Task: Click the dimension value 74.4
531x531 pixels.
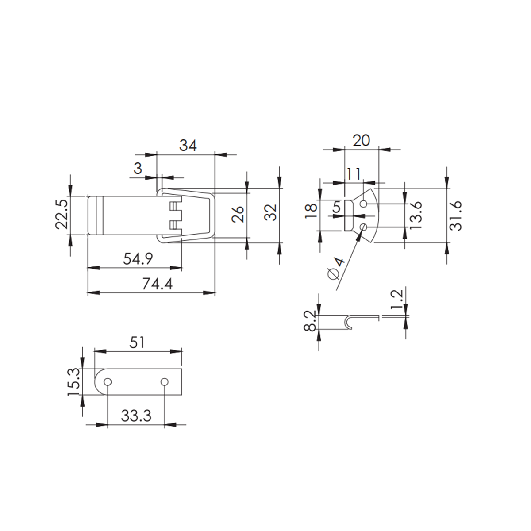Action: (x=157, y=284)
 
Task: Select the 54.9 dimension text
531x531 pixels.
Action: (x=138, y=259)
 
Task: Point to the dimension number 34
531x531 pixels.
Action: (x=188, y=145)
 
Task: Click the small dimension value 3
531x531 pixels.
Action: (x=138, y=169)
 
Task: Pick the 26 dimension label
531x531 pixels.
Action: (x=238, y=214)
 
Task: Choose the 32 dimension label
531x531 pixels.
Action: (x=270, y=212)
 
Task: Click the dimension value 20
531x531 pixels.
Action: (x=361, y=140)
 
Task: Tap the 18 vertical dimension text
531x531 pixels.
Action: (x=311, y=209)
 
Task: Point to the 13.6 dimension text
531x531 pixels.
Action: (x=416, y=215)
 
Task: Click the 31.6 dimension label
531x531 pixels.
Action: (x=455, y=215)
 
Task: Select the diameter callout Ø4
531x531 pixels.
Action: (x=336, y=268)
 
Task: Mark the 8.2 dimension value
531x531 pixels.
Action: (x=311, y=320)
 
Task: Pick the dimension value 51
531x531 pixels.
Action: (x=137, y=342)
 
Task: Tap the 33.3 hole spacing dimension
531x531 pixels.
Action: (x=136, y=416)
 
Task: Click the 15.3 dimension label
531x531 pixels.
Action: (x=74, y=381)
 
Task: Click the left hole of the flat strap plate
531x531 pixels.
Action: (x=108, y=381)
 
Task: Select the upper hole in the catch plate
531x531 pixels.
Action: (x=364, y=204)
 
